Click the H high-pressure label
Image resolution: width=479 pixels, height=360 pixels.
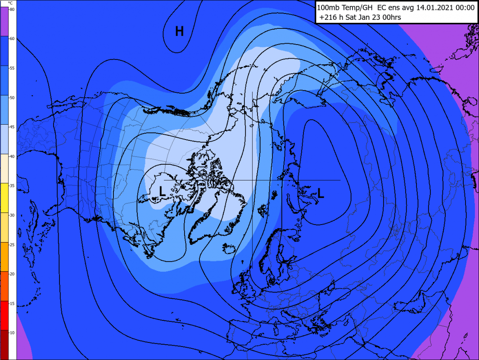point(179,31)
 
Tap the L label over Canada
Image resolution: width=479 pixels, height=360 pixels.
point(163,191)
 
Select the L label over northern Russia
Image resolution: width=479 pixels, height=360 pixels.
point(321,193)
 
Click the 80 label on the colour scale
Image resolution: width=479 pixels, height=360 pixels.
point(12,9)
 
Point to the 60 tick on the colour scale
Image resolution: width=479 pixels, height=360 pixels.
point(12,39)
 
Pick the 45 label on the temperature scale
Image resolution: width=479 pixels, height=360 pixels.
point(12,127)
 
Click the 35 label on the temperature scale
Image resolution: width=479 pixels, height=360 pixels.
point(12,186)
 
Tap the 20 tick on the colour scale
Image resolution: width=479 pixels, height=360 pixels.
point(12,274)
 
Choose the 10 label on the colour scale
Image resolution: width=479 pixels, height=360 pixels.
point(12,333)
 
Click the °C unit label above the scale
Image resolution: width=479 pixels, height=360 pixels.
point(10,3)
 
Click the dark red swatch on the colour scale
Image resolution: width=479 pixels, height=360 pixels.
point(5,344)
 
